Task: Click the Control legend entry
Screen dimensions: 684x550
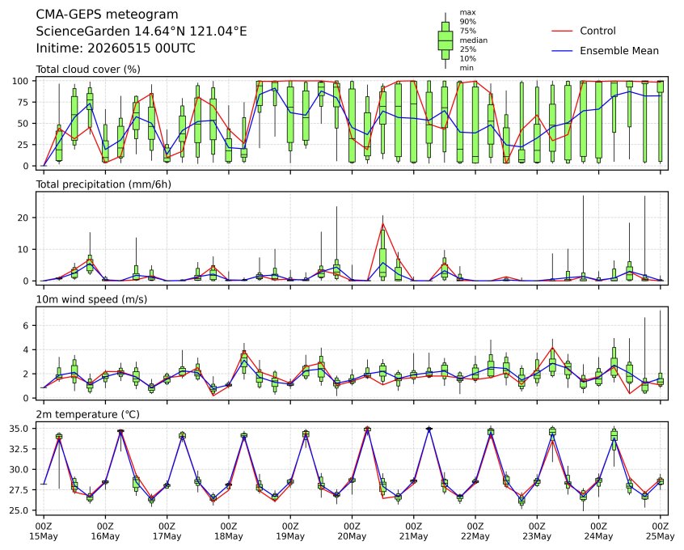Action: coord(584,31)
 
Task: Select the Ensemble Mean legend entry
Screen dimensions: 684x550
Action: coord(605,51)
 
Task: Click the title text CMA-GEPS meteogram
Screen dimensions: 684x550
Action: coord(107,15)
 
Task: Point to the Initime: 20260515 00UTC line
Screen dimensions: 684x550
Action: coord(116,48)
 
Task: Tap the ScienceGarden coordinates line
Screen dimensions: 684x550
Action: coord(141,32)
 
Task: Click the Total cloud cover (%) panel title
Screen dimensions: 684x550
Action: coord(88,70)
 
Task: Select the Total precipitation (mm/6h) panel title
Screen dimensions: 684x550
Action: coord(103,184)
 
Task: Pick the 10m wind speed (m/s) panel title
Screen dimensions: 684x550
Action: coord(91,299)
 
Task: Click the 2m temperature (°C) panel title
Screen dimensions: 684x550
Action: coord(87,414)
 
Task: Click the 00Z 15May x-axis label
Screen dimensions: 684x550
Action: coord(44,531)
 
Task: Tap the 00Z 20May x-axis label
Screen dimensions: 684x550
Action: coord(352,531)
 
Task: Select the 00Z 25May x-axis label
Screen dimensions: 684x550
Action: coord(661,531)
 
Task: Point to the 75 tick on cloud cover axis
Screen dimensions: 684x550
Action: coord(23,102)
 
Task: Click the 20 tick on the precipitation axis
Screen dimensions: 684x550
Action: coord(23,218)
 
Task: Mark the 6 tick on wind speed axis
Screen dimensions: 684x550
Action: coord(26,326)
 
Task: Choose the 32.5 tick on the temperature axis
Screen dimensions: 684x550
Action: coord(19,449)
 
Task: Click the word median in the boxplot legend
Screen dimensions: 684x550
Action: coord(473,40)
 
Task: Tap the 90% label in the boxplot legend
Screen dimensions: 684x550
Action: coord(467,21)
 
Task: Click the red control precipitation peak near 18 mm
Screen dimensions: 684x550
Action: coord(383,224)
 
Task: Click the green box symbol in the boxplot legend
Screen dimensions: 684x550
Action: coord(445,40)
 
